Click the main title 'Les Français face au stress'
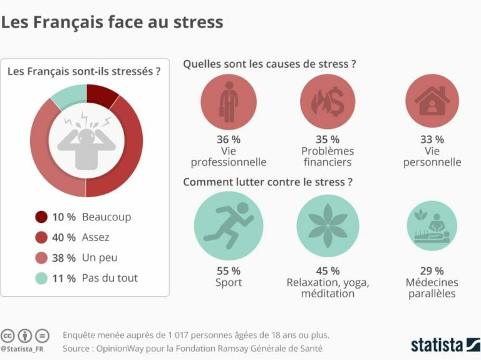111,23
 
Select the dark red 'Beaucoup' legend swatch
41,217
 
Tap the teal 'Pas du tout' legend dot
41,278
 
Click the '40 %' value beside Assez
63,237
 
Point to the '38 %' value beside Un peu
63,258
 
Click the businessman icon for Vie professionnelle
228,101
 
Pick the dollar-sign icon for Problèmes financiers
328,101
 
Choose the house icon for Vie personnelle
432,101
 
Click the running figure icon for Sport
228,225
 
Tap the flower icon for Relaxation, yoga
328,225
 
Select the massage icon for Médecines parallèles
432,226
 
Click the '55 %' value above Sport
228,271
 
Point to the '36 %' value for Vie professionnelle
228,140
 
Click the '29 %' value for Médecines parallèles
432,271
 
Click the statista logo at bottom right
445,344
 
